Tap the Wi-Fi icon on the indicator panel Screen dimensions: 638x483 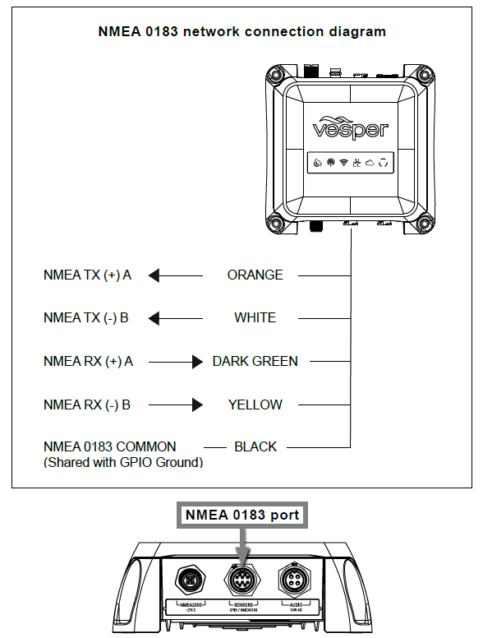(343, 163)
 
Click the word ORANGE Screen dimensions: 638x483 (255, 275)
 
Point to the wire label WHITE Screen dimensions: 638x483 (255, 318)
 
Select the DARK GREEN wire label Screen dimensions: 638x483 (255, 361)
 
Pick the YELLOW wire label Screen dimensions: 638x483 (255, 405)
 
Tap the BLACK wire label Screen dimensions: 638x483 (255, 447)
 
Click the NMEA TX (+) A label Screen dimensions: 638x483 (87, 275)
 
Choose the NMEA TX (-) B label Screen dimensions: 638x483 (85, 318)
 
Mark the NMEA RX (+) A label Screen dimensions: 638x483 (87, 361)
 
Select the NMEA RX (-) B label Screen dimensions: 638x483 (86, 405)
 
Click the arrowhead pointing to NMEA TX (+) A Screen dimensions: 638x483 (154, 275)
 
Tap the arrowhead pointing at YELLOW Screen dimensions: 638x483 (196, 405)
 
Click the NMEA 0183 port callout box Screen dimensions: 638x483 (241, 515)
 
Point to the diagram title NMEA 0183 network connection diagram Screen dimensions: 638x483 (241, 32)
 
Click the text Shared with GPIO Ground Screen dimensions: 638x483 (123, 462)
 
